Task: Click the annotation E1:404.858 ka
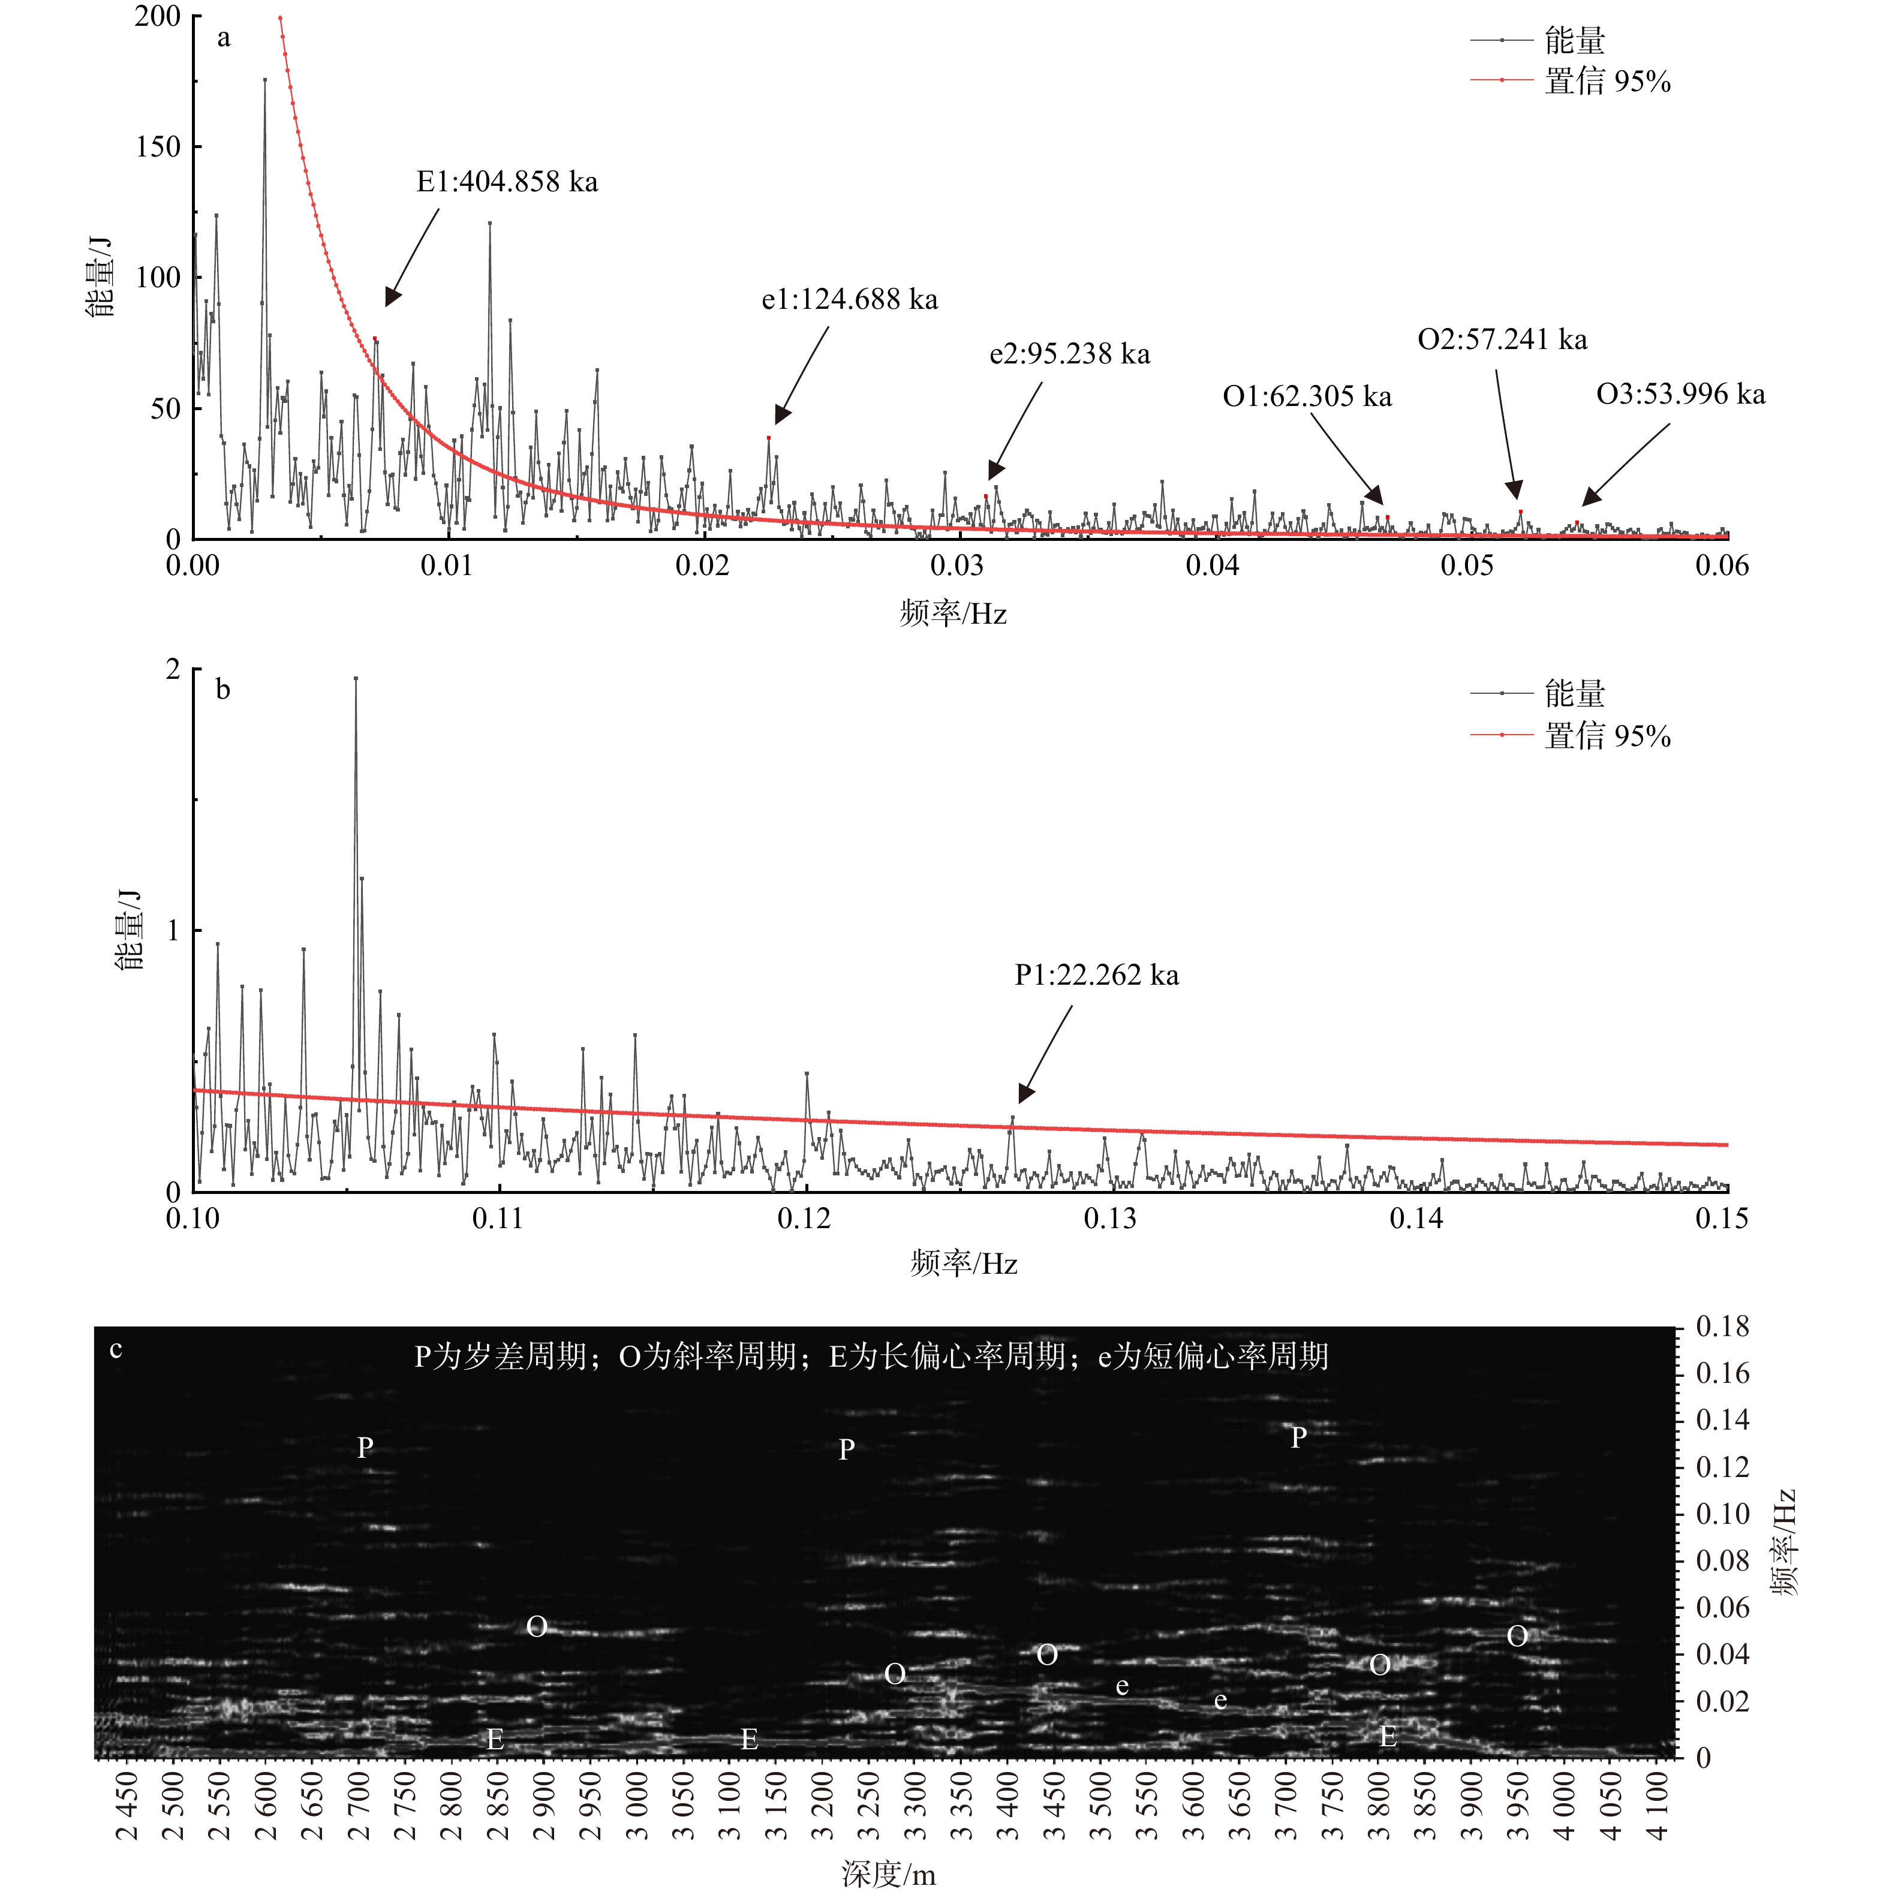pyautogui.click(x=507, y=182)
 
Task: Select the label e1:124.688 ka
pyautogui.click(x=849, y=300)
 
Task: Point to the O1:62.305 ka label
pyautogui.click(x=1307, y=397)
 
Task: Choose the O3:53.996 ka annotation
pyautogui.click(x=1680, y=395)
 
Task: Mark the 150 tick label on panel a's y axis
pyautogui.click(x=158, y=147)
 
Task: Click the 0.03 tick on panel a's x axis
pyautogui.click(x=956, y=566)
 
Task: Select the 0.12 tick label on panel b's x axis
pyautogui.click(x=804, y=1219)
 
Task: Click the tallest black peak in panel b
pyautogui.click(x=355, y=679)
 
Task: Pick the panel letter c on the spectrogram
pyautogui.click(x=116, y=1350)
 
